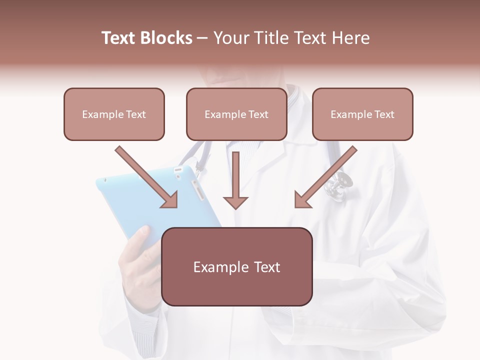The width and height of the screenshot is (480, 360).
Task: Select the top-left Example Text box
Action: pyautogui.click(x=114, y=114)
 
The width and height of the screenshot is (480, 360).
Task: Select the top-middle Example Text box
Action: pyautogui.click(x=236, y=114)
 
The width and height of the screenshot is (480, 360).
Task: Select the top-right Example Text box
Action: pyautogui.click(x=362, y=114)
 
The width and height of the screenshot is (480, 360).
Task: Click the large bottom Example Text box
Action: pyautogui.click(x=237, y=266)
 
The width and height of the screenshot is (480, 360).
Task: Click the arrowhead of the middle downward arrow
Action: pyautogui.click(x=235, y=202)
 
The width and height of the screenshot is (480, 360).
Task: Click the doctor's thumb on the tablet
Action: pyautogui.click(x=139, y=235)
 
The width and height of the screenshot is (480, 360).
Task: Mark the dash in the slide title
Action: pyautogui.click(x=203, y=38)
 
